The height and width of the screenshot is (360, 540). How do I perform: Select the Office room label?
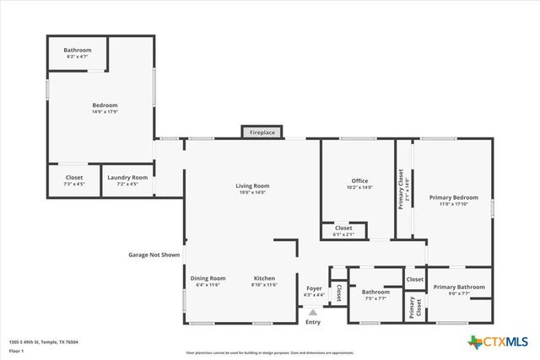click(x=359, y=180)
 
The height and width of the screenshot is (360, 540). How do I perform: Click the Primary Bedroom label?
click(x=453, y=197)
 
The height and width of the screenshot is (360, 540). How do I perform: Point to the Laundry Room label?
click(x=127, y=177)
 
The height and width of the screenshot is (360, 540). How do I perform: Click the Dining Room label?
click(x=208, y=278)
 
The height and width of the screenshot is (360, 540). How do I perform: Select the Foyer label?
click(x=313, y=288)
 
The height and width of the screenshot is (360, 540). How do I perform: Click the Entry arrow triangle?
click(x=313, y=312)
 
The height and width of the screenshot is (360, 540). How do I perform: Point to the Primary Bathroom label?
click(x=459, y=287)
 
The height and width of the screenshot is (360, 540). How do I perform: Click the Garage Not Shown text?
click(x=154, y=254)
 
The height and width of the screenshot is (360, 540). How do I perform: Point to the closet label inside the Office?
click(x=343, y=228)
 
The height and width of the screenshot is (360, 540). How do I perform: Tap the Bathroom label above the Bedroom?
click(x=77, y=51)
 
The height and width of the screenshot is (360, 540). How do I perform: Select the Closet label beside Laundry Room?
click(x=74, y=177)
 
